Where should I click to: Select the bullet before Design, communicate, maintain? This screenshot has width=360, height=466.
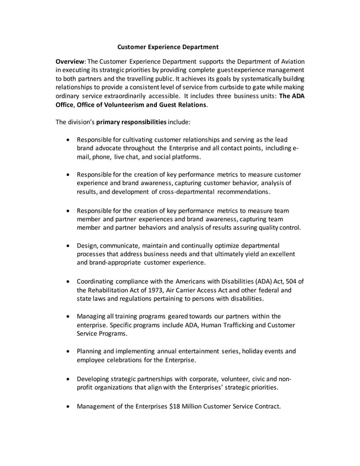coord(68,246)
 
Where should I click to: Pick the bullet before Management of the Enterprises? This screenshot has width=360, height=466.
coord(68,406)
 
